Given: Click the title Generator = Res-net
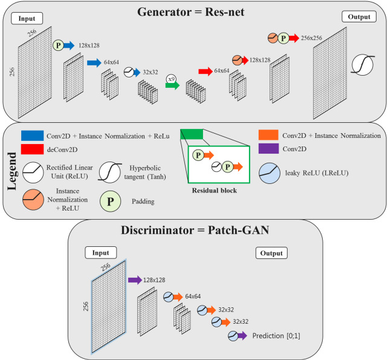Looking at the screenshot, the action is [191, 12].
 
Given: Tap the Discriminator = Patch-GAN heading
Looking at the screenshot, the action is [195, 230].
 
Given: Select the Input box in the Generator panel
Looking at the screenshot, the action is [27, 19].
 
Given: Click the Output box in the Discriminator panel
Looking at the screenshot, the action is [271, 253].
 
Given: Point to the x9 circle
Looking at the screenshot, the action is [171, 79].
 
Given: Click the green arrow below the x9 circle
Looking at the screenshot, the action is [172, 85].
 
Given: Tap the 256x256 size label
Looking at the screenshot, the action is [311, 38].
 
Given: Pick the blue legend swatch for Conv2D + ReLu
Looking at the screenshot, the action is [33, 136].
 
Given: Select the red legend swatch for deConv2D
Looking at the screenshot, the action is [33, 149].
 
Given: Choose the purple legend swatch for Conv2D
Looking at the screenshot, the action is [268, 148].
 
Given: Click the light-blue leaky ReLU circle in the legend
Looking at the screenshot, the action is [270, 173].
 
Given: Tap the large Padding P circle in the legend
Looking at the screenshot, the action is [111, 201].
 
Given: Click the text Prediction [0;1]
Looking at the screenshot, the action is [276, 336].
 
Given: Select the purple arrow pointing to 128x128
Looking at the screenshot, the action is [135, 280].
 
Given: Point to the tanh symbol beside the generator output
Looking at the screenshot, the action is [363, 65].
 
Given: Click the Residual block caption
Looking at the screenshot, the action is [215, 190].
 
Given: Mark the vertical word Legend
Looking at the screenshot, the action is [12, 171].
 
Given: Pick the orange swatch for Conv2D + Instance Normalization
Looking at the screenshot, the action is [268, 135].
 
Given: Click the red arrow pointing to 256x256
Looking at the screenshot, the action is [294, 38].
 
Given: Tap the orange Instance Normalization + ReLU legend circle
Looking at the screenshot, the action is [33, 200].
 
